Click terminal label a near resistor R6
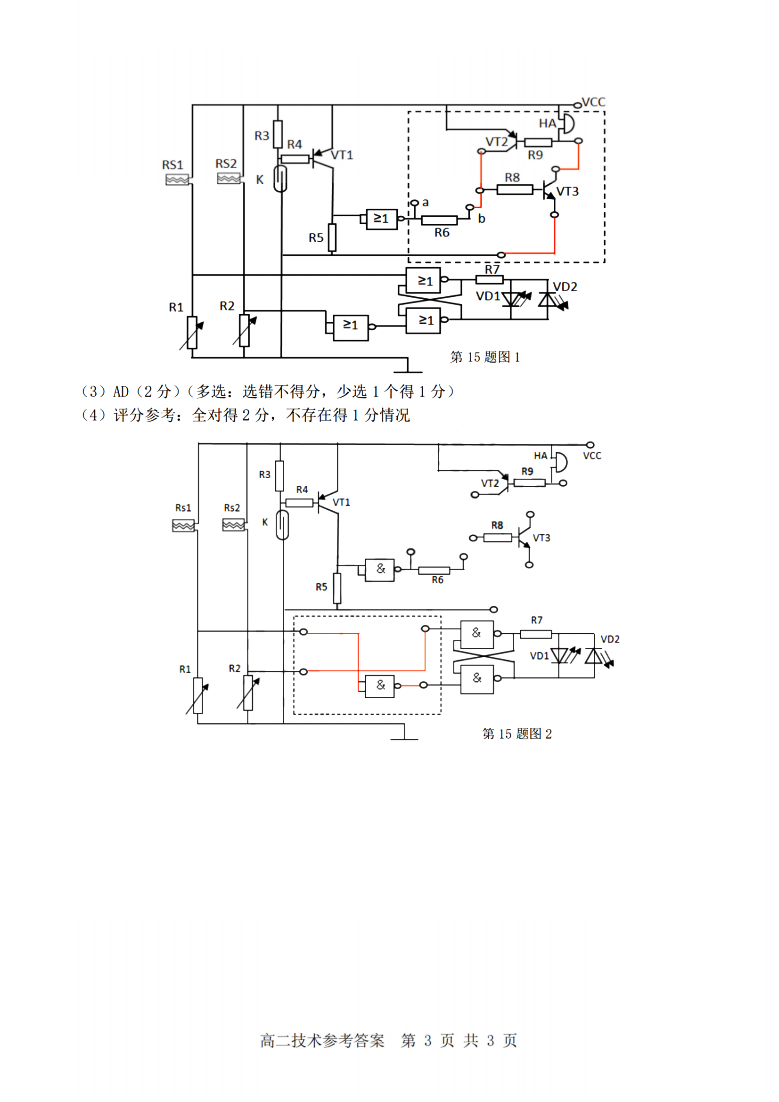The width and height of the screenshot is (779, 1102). coord(425,203)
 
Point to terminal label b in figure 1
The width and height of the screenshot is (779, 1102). coord(482,219)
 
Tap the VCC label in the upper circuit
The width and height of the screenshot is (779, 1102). coord(593,102)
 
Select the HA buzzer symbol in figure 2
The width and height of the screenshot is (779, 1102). coord(560,462)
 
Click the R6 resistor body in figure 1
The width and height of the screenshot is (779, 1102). coord(439,220)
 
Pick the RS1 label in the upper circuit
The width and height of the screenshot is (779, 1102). coord(173,165)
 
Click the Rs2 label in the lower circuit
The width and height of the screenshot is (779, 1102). coord(232,508)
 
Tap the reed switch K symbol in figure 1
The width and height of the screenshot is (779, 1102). coord(280,179)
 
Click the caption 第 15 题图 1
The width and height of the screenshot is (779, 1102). coord(485,357)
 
